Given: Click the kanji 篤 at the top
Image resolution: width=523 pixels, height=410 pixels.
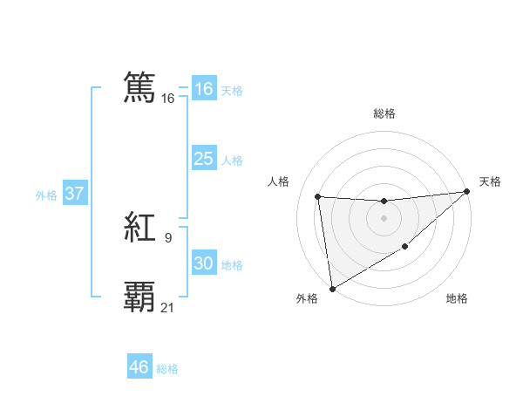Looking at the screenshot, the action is [x=140, y=88].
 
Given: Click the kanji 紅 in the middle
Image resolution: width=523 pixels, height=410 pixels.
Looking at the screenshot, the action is [x=140, y=229].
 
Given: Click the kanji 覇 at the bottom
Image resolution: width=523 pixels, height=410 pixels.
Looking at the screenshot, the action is [x=140, y=297].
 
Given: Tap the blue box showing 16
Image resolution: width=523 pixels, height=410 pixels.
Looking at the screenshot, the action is [x=204, y=89].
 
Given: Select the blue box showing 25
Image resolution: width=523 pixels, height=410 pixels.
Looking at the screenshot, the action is [x=204, y=159].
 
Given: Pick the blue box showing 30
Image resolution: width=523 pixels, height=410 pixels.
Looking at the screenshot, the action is [x=204, y=263].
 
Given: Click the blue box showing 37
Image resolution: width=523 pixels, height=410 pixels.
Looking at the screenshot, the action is [x=75, y=194].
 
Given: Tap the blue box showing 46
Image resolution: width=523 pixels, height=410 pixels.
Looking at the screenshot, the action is [x=139, y=367].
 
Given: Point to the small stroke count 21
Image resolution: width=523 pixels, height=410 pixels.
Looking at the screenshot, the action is [x=167, y=306].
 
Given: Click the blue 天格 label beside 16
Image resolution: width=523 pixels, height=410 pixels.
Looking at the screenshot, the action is [x=232, y=91].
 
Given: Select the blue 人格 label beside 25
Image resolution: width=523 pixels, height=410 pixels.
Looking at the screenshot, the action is [x=232, y=161].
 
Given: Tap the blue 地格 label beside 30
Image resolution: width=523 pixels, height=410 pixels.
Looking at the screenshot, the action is [x=232, y=265].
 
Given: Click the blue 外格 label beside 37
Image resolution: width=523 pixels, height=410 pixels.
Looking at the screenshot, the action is [x=46, y=195].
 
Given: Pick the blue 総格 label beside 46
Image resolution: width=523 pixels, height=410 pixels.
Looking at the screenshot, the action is [x=167, y=369].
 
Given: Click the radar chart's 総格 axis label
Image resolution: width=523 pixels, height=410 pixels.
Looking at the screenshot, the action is [x=384, y=113].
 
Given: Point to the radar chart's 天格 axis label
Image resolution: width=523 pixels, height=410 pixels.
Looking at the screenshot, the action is [x=490, y=181].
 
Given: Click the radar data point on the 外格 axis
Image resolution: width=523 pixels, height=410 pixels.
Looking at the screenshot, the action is [x=331, y=288].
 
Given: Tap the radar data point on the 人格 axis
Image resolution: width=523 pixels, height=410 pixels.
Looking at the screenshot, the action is [x=318, y=196].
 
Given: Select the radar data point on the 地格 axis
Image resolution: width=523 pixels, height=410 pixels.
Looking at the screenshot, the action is [x=405, y=248].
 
